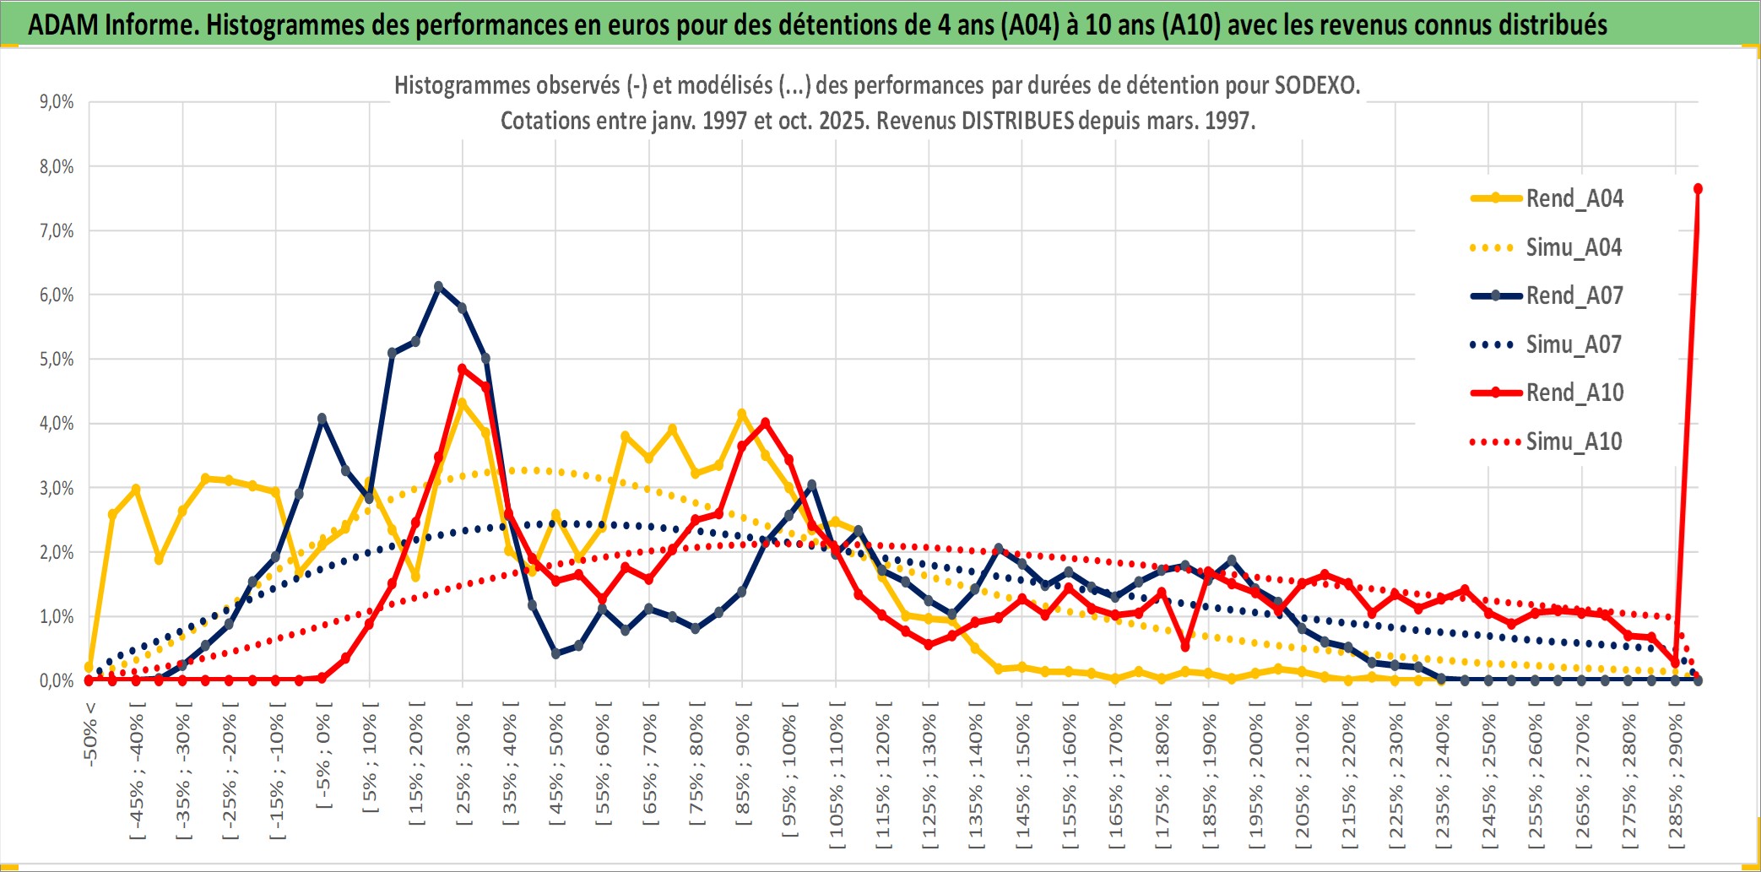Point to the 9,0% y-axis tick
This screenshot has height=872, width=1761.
tap(57, 102)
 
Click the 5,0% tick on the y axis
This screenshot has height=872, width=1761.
tap(57, 360)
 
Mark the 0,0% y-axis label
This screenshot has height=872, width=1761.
tap(57, 681)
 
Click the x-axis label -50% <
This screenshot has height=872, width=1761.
tap(90, 734)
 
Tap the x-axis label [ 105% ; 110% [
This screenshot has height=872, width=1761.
tap(837, 772)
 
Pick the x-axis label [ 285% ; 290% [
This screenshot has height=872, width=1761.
tap(1676, 772)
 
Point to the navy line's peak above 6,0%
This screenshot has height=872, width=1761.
tap(438, 287)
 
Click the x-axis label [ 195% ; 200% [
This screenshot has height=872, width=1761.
tap(1256, 772)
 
